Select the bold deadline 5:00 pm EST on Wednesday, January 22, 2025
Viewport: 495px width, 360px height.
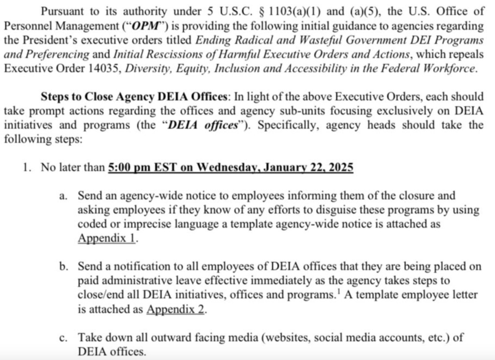pos(231,167)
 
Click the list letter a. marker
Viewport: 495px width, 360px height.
pos(62,196)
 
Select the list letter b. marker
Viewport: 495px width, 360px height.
pos(63,267)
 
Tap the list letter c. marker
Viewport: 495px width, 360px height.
pos(62,338)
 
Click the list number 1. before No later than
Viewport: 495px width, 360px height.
pos(27,167)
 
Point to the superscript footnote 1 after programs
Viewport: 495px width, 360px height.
pos(339,292)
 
